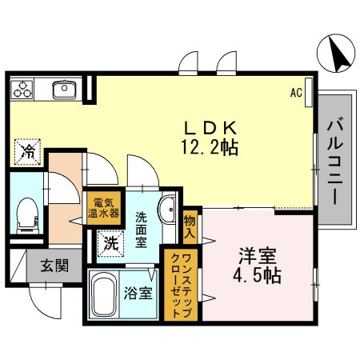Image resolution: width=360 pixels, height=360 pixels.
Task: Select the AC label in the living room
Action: pyautogui.click(x=295, y=92)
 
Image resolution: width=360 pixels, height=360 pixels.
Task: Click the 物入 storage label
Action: pyautogui.click(x=190, y=226)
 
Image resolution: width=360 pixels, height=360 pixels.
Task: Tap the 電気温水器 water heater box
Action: pyautogui.click(x=104, y=207)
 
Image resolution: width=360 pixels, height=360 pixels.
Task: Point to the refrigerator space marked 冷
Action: pyautogui.click(x=27, y=150)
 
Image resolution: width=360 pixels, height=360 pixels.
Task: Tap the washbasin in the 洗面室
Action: pyautogui.click(x=167, y=212)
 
